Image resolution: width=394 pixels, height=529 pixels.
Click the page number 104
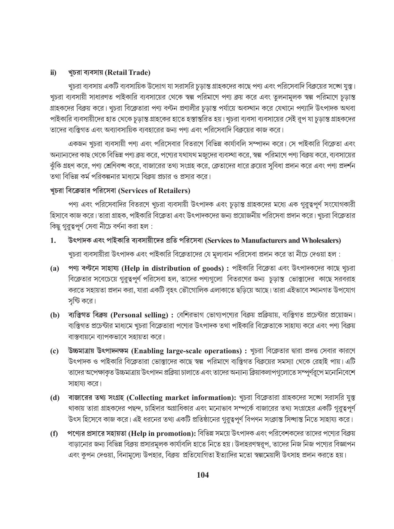point(203,475)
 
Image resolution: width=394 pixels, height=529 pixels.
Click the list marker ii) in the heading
point(53,73)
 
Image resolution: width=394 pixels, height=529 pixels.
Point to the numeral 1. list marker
point(53,241)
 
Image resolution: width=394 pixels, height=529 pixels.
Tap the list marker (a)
point(54,269)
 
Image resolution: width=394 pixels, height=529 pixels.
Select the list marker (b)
point(54,315)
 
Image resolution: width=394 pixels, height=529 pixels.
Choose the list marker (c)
point(54,351)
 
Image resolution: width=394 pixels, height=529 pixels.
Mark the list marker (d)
point(54,398)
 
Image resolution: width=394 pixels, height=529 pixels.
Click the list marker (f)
point(54,433)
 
